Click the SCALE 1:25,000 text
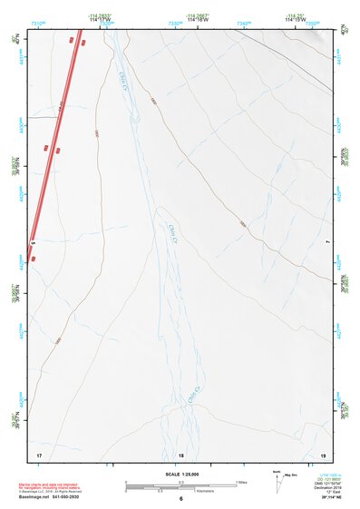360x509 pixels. coord(180,475)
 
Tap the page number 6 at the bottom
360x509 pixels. coord(180,499)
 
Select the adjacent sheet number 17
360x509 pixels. coord(38,453)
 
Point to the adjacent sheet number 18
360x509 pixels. coord(180,454)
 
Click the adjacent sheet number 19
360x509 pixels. coord(323,453)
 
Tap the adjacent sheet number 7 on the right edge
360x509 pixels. coord(326,243)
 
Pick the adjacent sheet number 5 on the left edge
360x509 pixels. coord(33,243)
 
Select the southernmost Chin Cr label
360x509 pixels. coord(192,395)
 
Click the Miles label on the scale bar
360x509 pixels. coord(242,481)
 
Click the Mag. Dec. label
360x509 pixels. coord(291,475)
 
